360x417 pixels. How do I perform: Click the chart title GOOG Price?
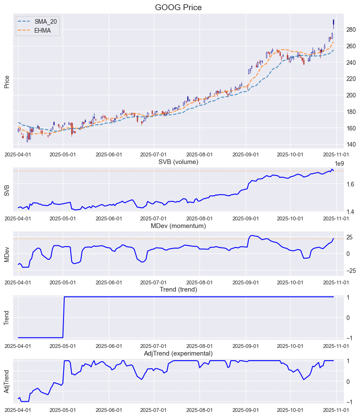[178, 7]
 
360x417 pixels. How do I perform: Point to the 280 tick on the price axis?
[351, 30]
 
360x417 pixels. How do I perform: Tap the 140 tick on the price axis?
[351, 145]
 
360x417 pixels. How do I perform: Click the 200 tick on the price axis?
[351, 95]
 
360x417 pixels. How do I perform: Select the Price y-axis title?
[7, 82]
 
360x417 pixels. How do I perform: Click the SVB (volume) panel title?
[178, 162]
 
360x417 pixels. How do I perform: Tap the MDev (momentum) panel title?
[178, 226]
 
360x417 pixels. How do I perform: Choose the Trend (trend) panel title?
[178, 289]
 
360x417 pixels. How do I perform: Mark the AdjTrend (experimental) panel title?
[178, 353]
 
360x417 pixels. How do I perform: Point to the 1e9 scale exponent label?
[339, 164]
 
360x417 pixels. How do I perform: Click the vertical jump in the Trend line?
[64, 317]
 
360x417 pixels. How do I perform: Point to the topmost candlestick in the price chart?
[334, 23]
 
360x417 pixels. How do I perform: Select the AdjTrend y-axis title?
[7, 381]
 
